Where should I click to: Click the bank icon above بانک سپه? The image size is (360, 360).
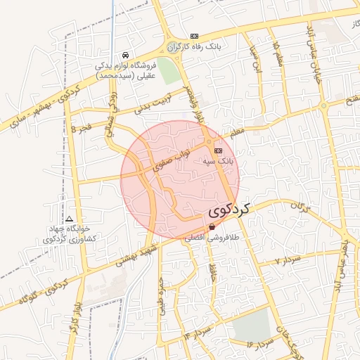click(218, 150)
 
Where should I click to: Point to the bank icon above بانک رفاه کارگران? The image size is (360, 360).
click(195, 36)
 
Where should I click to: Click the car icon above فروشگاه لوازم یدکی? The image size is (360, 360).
click(124, 56)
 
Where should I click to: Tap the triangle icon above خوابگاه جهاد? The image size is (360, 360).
click(69, 219)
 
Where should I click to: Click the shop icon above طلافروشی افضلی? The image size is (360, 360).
click(212, 227)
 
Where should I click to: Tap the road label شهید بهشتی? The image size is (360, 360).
click(136, 252)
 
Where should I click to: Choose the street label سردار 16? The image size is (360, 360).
click(259, 343)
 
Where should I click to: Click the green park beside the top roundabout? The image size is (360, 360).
click(167, 70)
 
